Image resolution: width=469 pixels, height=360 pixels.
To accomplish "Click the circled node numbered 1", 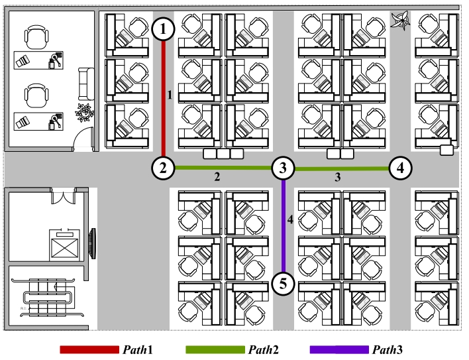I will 164,29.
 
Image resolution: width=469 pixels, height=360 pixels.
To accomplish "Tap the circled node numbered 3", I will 283,168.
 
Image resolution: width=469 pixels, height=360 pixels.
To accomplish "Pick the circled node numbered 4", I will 399,168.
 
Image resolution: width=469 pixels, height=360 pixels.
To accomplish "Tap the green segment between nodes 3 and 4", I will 341,168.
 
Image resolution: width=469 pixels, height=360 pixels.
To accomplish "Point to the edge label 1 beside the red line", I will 170,95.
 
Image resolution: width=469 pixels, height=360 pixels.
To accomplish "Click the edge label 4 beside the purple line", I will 290,218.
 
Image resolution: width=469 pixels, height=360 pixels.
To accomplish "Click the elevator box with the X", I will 64,246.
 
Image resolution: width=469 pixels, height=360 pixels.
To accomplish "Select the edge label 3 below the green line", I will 337,178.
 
